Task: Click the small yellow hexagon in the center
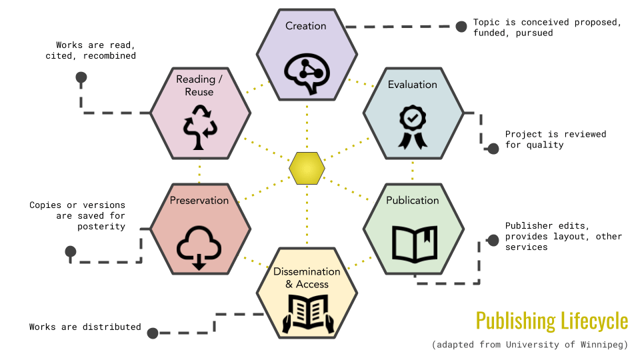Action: pyautogui.click(x=307, y=168)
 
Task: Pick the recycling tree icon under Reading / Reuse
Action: pyautogui.click(x=199, y=127)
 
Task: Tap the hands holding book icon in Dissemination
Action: pyautogui.click(x=307, y=314)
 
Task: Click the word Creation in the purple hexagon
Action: pyautogui.click(x=306, y=26)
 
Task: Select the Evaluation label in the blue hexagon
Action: pyautogui.click(x=413, y=85)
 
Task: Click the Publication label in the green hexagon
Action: pyautogui.click(x=413, y=200)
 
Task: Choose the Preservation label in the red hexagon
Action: pyautogui.click(x=199, y=200)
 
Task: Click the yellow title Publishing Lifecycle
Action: pyautogui.click(x=552, y=321)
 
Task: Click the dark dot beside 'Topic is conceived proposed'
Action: pyautogui.click(x=461, y=27)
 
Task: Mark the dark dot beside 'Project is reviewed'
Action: pyautogui.click(x=493, y=148)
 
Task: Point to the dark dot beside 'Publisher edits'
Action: pyautogui.click(x=493, y=240)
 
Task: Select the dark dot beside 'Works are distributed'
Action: pyautogui.click(x=153, y=333)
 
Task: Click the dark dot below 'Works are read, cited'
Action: pyautogui.click(x=81, y=77)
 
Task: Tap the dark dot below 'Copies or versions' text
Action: pyautogui.click(x=70, y=252)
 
